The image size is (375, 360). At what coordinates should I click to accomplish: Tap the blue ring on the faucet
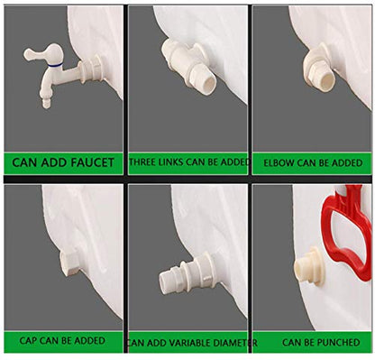coord(54,65)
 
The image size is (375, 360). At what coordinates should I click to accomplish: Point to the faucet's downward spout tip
coord(46,103)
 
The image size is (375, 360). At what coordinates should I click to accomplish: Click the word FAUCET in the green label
coord(92,162)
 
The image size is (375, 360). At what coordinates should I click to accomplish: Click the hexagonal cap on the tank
coord(69,262)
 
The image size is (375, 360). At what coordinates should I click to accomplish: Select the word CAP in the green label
coord(28,341)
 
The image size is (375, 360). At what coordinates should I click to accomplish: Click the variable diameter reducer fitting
coord(187,274)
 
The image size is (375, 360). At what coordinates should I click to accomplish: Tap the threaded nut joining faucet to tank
coord(93,69)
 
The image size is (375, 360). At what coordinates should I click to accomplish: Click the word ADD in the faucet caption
coord(54,162)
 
